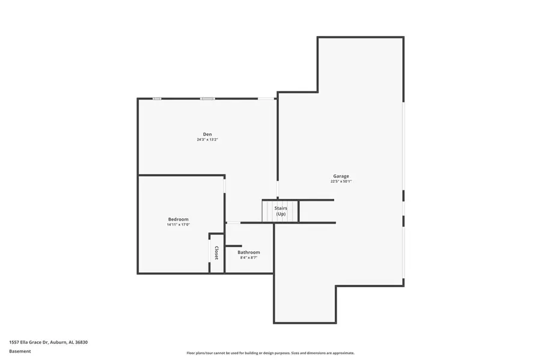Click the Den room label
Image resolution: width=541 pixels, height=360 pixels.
[x=207, y=134]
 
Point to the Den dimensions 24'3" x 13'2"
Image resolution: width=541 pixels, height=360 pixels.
[x=207, y=139]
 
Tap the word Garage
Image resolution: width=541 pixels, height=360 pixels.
[x=341, y=176]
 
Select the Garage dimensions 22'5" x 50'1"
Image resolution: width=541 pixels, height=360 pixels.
[x=341, y=182]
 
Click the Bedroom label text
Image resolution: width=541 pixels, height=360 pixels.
[x=178, y=219]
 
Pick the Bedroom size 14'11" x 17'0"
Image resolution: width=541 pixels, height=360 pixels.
[x=178, y=225]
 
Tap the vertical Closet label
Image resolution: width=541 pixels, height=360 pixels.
[x=216, y=252]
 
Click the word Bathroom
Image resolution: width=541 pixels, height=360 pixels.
[x=248, y=252]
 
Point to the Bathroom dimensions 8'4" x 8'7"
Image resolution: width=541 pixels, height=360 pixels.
[x=248, y=257]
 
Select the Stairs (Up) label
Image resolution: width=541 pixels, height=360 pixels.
[x=281, y=211]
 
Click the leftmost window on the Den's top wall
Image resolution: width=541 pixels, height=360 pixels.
[x=156, y=99]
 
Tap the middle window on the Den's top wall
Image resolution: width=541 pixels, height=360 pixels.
[x=207, y=99]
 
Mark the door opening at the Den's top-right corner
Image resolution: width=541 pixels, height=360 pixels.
[x=266, y=99]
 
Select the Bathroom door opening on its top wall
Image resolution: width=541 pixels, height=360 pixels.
[x=233, y=223]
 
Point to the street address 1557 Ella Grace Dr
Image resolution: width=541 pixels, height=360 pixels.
[x=48, y=342]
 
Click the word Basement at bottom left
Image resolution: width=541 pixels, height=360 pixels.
[x=20, y=351]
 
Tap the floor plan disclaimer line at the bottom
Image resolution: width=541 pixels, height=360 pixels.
[x=270, y=353]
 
